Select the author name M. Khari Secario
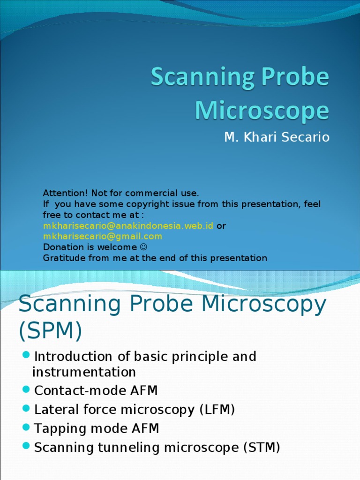pyautogui.click(x=277, y=137)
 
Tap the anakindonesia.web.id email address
pyautogui.click(x=128, y=225)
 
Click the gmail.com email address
pyautogui.click(x=103, y=236)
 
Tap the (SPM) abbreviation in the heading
pyautogui.click(x=50, y=331)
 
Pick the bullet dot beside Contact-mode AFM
pyautogui.click(x=26, y=390)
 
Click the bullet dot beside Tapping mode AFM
pyautogui.click(x=26, y=427)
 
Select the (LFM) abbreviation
pyautogui.click(x=217, y=410)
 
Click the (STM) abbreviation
pyautogui.click(x=262, y=447)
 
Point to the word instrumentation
pyautogui.click(x=84, y=372)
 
